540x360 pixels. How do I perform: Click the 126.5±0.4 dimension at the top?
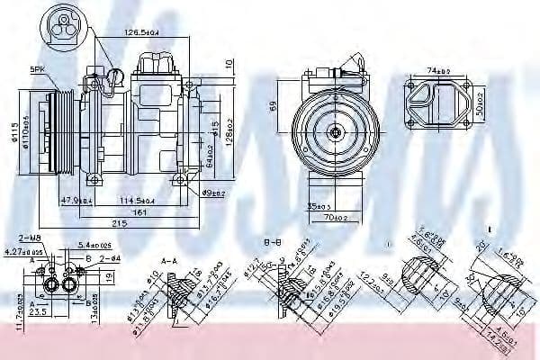[x=141, y=34]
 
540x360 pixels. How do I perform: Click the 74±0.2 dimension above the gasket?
[x=437, y=69]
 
